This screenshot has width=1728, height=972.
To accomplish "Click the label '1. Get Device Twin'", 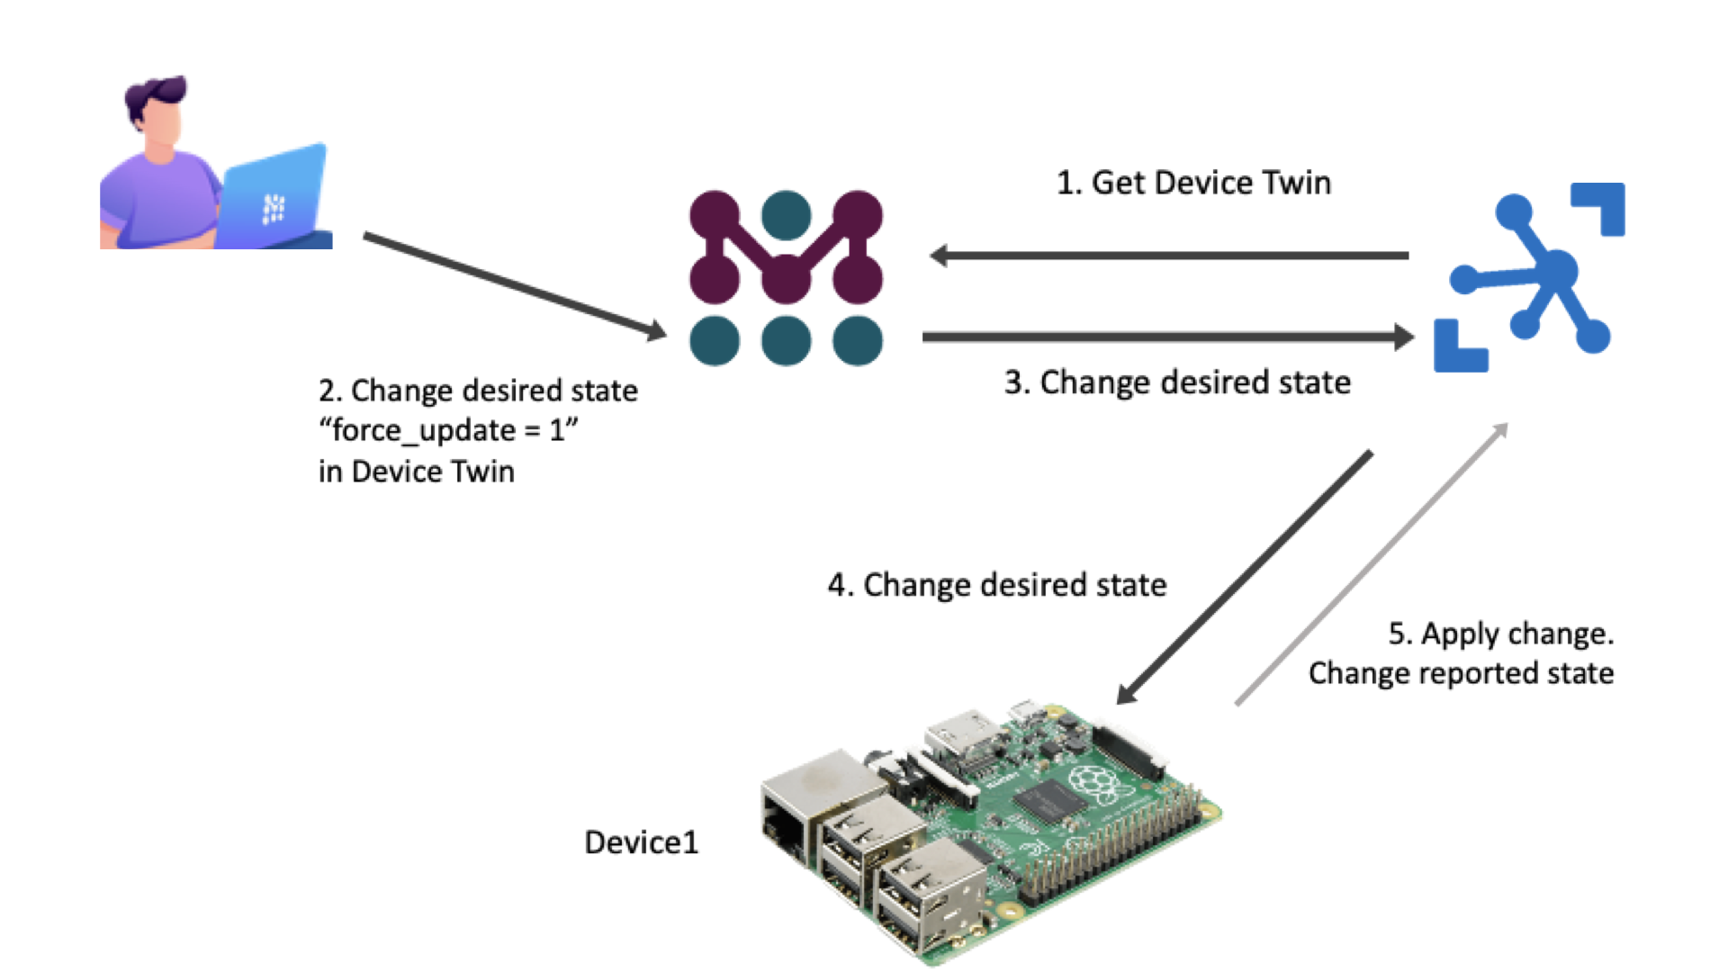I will tap(1193, 183).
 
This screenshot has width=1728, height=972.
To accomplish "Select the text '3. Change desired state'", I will tap(1177, 382).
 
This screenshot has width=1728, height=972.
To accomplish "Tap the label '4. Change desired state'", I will tap(997, 585).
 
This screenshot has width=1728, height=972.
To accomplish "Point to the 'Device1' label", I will tap(641, 842).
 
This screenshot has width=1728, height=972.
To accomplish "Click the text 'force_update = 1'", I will tap(448, 430).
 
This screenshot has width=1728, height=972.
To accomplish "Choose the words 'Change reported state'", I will tap(1461, 673).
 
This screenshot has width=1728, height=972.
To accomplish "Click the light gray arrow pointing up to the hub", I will tap(1371, 564).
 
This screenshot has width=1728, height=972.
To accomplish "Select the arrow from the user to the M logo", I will tap(514, 285).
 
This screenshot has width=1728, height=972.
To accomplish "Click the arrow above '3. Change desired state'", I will tap(1167, 337).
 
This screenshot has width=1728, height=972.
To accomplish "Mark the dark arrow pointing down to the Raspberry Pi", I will tap(1245, 577).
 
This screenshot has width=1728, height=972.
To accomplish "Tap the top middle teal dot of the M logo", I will tap(786, 215).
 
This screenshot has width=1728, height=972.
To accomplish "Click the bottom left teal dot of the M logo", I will tap(715, 341).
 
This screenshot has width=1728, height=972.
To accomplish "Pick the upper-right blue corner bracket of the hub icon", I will tap(1601, 207).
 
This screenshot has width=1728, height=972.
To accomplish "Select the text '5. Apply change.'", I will tap(1500, 634).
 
